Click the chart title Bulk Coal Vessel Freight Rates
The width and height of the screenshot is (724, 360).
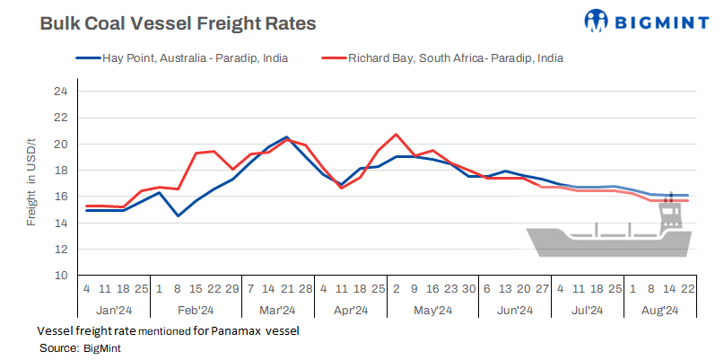(x=178, y=24)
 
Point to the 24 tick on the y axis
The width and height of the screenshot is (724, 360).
(x=60, y=92)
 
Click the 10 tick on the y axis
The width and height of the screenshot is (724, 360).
(x=60, y=276)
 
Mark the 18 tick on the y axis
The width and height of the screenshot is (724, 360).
(x=60, y=171)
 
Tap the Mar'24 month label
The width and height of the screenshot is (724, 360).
(x=276, y=310)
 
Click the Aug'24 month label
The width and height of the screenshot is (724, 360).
(x=660, y=310)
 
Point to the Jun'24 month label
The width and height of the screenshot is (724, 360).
(x=514, y=310)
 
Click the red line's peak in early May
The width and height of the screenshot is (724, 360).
(x=396, y=135)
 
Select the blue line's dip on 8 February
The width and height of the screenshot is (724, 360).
(x=178, y=215)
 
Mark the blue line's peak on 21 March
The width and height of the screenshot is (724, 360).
(x=286, y=137)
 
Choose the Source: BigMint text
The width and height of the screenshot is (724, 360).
(x=80, y=347)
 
